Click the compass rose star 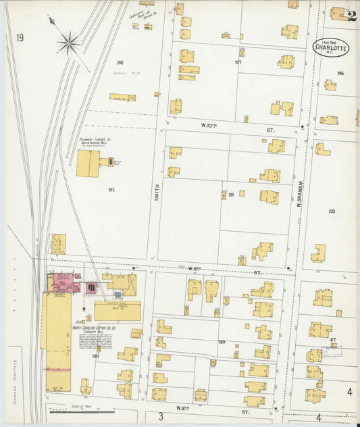click(68, 44)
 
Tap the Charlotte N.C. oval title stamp click(331, 47)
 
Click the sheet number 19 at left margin click(20, 38)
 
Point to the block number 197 click(238, 62)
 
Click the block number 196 click(340, 74)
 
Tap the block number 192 click(111, 190)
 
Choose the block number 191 click(230, 195)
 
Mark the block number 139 click(332, 211)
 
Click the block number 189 click(222, 342)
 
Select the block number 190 click(95, 355)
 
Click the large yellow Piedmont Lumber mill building click(88, 164)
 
